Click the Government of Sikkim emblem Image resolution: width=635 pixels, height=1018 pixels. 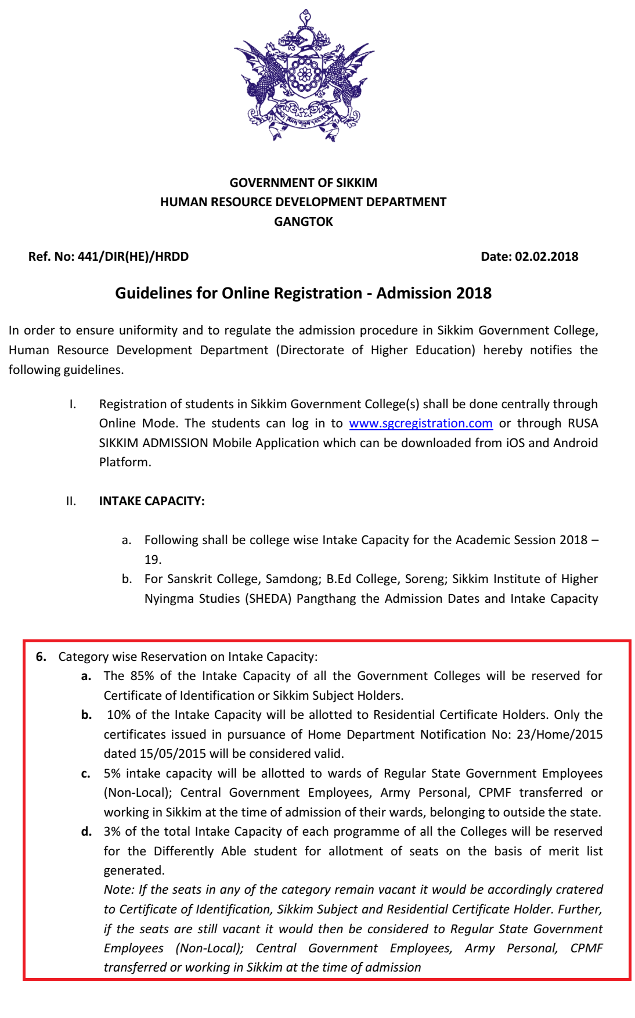point(304,75)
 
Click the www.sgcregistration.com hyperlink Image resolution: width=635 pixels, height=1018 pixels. point(421,423)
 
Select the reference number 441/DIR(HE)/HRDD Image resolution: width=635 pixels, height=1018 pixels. point(133,257)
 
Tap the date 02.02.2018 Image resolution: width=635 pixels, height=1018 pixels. point(546,257)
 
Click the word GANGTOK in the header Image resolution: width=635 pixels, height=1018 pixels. point(304,222)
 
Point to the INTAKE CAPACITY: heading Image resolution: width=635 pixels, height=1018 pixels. point(151,501)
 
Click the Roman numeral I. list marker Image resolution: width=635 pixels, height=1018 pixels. point(73,404)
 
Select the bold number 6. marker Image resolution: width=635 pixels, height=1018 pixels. point(41,657)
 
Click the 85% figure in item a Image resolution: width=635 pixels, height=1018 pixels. point(142,676)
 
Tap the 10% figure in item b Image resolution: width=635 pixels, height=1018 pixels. point(119,715)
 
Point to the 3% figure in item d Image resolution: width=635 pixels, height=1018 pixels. point(112,832)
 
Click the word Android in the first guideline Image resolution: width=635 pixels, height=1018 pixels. point(575,443)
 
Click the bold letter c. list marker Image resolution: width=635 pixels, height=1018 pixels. point(86,774)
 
